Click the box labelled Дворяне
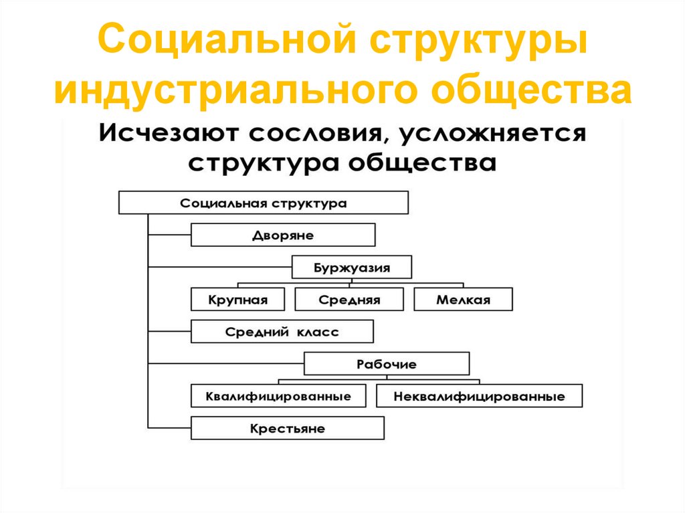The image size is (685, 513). pyautogui.click(x=283, y=235)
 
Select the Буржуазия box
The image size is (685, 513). pyautogui.click(x=352, y=268)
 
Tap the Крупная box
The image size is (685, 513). pyautogui.click(x=237, y=300)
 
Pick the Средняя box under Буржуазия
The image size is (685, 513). pyautogui.click(x=349, y=300)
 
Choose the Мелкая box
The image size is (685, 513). pyautogui.click(x=463, y=300)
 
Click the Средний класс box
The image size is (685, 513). pyautogui.click(x=282, y=332)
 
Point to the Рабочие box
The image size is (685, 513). pyautogui.click(x=387, y=365)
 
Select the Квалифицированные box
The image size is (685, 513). pyautogui.click(x=279, y=396)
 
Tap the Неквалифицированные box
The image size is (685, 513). pyautogui.click(x=479, y=396)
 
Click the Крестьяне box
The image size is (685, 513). pyautogui.click(x=288, y=428)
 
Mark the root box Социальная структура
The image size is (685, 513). pyautogui.click(x=263, y=203)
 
